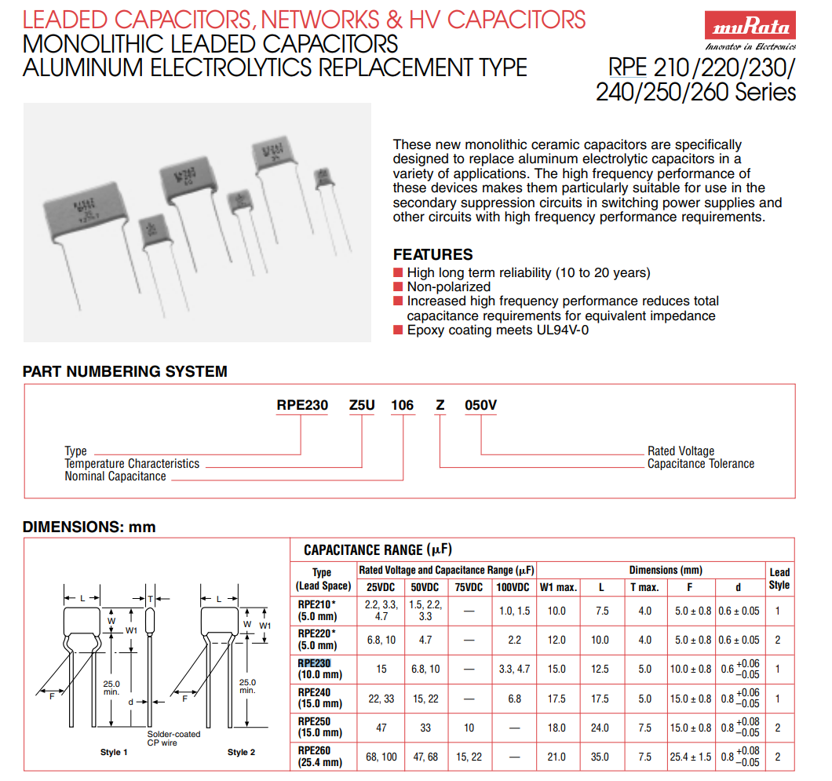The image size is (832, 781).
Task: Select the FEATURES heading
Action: [432, 254]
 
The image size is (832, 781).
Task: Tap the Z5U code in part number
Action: [363, 405]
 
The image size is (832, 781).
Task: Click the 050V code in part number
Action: [481, 405]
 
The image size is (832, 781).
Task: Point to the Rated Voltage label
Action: [681, 451]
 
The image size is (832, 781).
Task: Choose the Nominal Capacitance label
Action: [115, 476]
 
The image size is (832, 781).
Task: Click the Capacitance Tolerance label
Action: [700, 464]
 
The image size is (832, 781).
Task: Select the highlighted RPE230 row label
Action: [315, 663]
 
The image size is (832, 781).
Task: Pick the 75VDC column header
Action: [469, 587]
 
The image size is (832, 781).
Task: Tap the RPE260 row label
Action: [314, 750]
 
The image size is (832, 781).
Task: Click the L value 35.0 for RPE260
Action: [600, 757]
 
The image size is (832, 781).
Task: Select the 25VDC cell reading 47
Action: [381, 728]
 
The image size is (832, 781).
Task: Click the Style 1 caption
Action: [114, 752]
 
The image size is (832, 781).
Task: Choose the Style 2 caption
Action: [242, 752]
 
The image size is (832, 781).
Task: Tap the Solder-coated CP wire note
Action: [173, 738]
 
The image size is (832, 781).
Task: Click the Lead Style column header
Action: [779, 578]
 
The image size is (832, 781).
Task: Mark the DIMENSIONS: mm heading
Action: [89, 527]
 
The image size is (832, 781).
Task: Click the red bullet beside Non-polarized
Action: [398, 287]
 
